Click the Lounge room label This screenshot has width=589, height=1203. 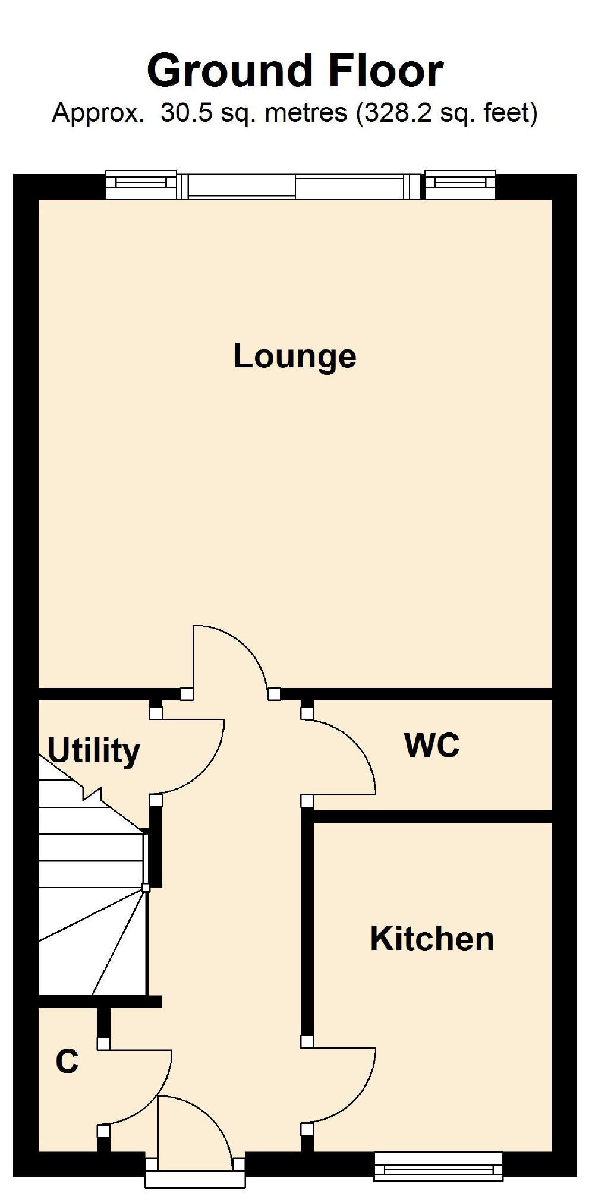click(x=295, y=356)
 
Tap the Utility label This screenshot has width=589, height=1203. click(x=93, y=751)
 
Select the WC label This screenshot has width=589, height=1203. click(x=431, y=745)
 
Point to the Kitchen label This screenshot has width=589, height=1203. click(x=431, y=939)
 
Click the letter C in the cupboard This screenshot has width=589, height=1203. click(x=67, y=1062)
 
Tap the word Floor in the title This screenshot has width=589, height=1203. click(x=386, y=71)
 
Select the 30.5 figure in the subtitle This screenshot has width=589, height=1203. click(x=186, y=112)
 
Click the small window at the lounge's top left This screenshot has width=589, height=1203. click(x=141, y=185)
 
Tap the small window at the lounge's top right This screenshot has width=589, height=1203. click(x=461, y=185)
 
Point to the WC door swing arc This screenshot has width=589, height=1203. click(x=357, y=743)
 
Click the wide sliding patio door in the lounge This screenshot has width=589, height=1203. click(x=295, y=187)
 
